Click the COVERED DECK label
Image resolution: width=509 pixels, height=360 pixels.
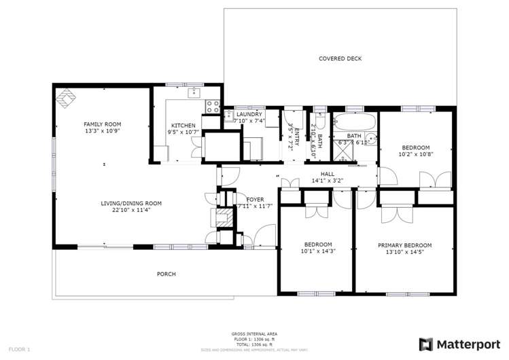tap(340, 58)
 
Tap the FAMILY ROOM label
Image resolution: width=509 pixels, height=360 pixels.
tap(102, 124)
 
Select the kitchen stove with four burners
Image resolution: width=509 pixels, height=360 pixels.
tap(211, 106)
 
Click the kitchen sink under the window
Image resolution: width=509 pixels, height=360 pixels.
tap(194, 91)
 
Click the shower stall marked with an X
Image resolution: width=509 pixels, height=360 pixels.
tap(342, 157)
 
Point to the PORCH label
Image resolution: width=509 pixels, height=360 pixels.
tap(166, 274)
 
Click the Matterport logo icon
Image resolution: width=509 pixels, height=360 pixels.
tap(426, 344)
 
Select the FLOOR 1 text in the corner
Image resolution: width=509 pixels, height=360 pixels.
tap(20, 349)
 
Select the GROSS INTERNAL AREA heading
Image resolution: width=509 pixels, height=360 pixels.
tap(253, 334)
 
